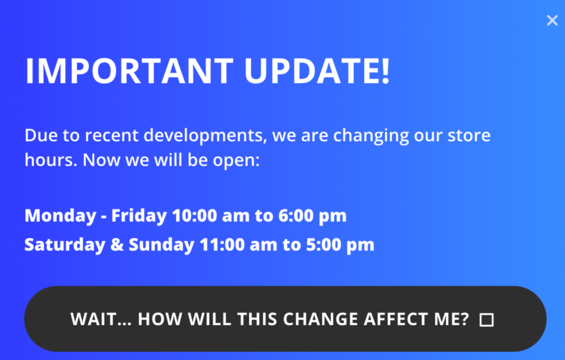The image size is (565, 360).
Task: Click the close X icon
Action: [552, 21]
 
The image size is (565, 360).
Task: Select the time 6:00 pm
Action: [312, 215]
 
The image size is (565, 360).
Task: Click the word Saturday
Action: [65, 245]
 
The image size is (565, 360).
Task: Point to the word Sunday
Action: [161, 245]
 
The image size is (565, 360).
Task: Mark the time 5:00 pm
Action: [340, 245]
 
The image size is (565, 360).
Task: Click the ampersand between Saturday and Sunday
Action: [118, 245]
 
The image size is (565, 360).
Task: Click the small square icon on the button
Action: [486, 320]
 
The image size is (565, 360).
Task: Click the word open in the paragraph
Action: [234, 161]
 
